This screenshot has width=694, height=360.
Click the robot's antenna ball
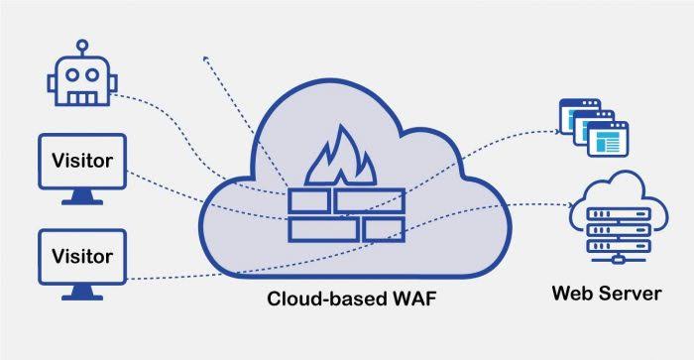coord(82,46)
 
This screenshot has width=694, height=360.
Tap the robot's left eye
coord(72,74)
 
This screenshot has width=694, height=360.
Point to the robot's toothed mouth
coord(82,97)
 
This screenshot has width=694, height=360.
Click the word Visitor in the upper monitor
coord(82,161)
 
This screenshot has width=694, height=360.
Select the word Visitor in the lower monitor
coord(82,256)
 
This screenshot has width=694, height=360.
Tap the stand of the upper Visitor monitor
coord(82,197)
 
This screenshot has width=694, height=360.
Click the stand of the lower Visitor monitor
coord(82,293)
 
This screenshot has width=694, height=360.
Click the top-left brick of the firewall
coord(309,200)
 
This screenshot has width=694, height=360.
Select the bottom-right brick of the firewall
coord(384,230)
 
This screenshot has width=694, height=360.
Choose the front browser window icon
coord(608,139)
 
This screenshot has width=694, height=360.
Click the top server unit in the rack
coord(619,214)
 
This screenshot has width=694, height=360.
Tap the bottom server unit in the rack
coord(619,246)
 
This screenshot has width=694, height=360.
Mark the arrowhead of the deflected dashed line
coord(206,59)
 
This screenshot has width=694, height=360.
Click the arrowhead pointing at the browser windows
coord(557,131)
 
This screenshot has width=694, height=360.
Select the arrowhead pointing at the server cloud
coord(571,204)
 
